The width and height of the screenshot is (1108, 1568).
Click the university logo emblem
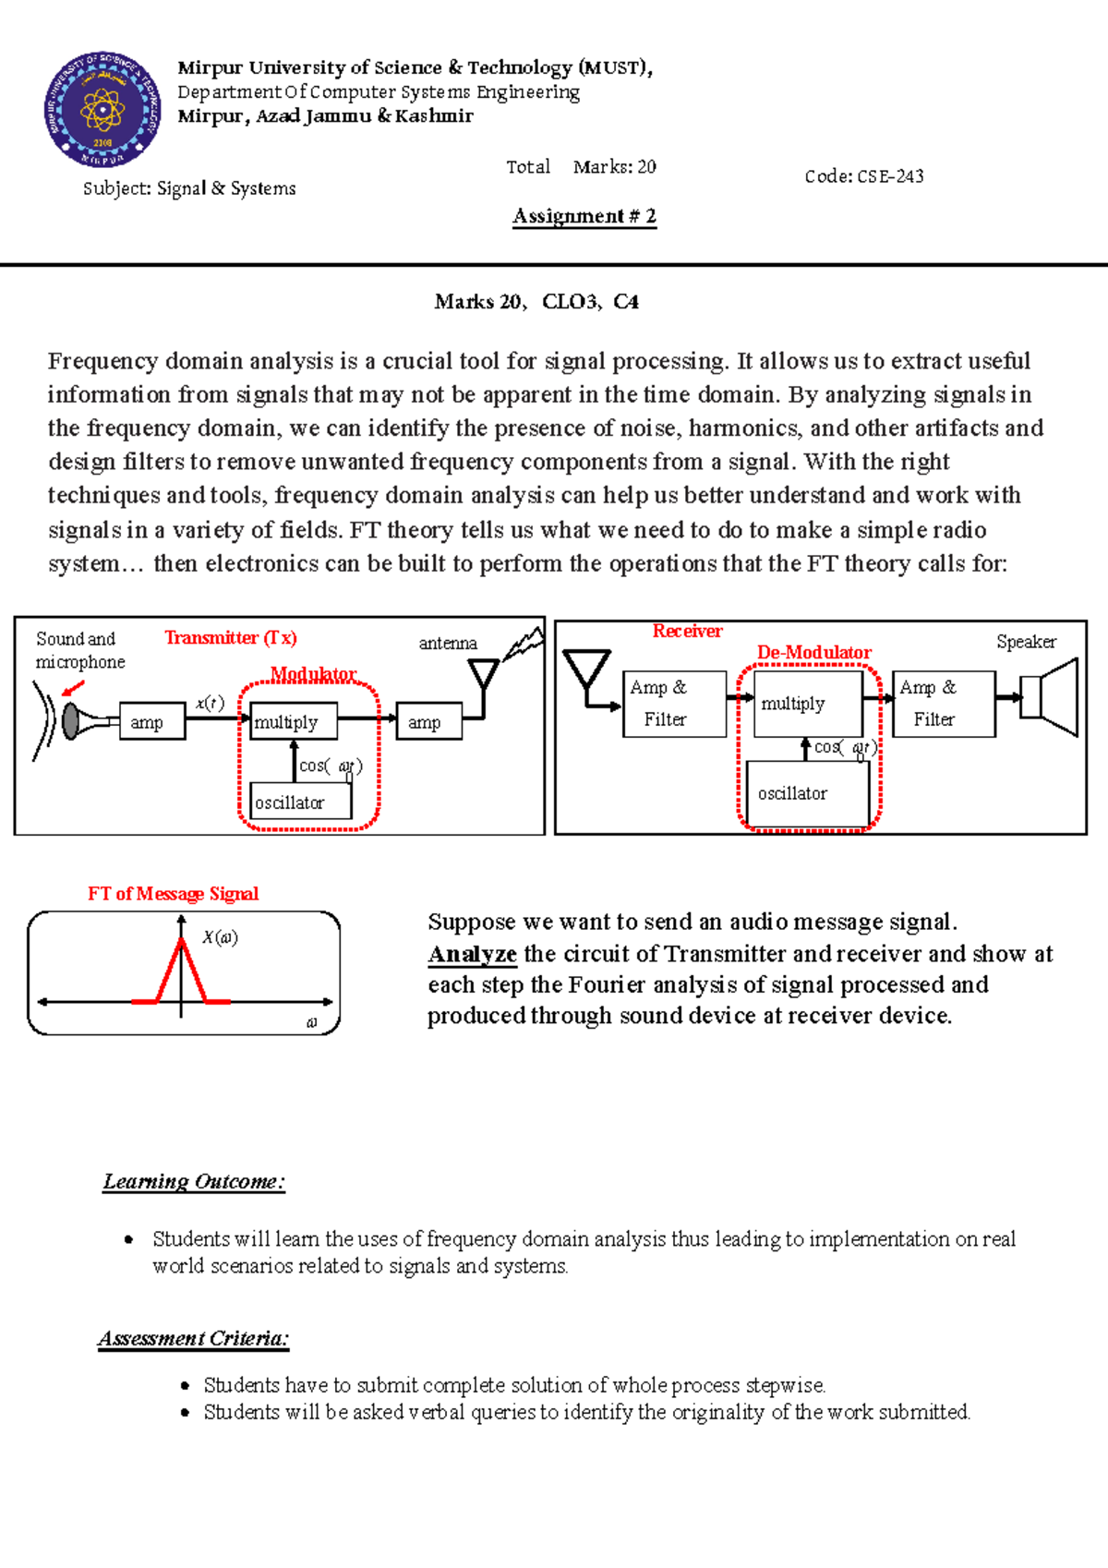[x=102, y=110]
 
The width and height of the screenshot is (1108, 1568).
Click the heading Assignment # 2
[x=584, y=216]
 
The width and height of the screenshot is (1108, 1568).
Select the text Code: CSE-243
[x=863, y=176]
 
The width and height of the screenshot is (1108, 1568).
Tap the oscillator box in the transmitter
[x=300, y=802]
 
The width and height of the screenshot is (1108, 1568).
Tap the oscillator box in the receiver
[x=807, y=794]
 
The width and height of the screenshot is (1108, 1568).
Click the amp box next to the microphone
[x=152, y=722]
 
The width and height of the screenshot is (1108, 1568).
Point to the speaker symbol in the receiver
[x=1051, y=697]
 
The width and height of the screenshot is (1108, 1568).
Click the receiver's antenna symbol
[x=586, y=672]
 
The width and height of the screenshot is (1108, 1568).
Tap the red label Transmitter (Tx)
[x=230, y=638]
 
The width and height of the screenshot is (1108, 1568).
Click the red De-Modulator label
[x=813, y=652]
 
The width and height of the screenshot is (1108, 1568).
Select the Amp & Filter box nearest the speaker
[x=943, y=704]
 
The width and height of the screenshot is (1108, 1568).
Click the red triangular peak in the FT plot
[x=181, y=970]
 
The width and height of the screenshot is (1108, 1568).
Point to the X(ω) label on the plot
[x=220, y=937]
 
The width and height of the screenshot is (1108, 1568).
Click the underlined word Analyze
[x=472, y=954]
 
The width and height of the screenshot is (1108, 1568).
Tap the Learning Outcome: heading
[x=194, y=1181]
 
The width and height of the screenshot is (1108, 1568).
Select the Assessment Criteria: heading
[x=194, y=1338]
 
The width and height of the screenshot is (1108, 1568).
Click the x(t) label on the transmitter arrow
[x=210, y=703]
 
